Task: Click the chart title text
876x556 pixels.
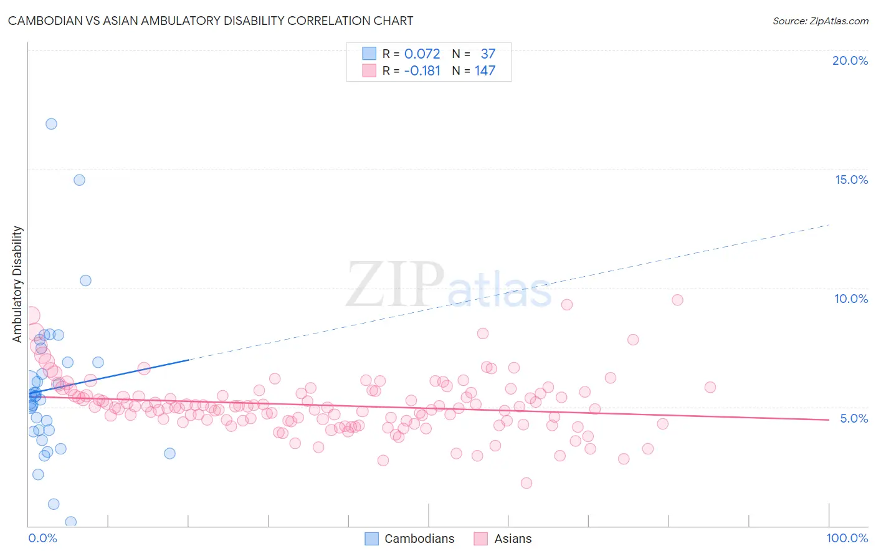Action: (x=211, y=21)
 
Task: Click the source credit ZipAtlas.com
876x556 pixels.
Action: (x=820, y=21)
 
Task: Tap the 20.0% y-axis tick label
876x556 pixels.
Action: (x=850, y=60)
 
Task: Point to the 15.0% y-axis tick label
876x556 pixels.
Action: (x=851, y=180)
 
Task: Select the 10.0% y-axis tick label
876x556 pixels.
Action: (x=851, y=299)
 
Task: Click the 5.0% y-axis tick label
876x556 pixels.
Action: (x=854, y=418)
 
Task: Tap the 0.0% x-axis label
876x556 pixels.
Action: (x=42, y=538)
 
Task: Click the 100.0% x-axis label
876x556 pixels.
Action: (x=847, y=538)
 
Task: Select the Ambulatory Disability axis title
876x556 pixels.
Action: (x=17, y=284)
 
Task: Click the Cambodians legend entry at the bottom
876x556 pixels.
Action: (x=419, y=539)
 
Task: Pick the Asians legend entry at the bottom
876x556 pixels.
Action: (x=512, y=539)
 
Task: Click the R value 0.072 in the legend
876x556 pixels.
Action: (x=422, y=54)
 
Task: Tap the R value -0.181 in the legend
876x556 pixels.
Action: (x=422, y=71)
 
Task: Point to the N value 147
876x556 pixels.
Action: (x=485, y=71)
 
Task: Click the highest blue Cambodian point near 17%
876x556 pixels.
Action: (x=51, y=124)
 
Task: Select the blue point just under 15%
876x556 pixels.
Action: (x=79, y=180)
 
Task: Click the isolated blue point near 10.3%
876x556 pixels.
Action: (x=86, y=280)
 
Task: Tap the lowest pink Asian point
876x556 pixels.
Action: (x=526, y=483)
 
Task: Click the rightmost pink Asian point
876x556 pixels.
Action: (x=710, y=387)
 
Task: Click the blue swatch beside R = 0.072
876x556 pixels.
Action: (x=369, y=54)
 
